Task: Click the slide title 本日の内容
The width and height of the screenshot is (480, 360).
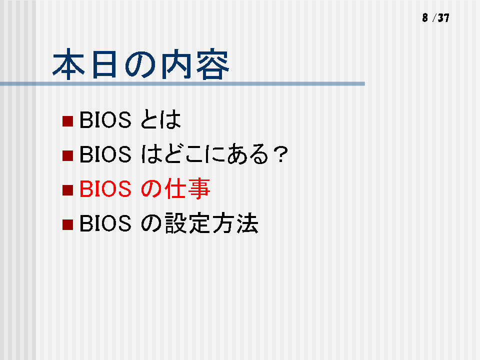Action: coord(140,64)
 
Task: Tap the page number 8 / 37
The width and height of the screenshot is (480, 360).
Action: coord(435,18)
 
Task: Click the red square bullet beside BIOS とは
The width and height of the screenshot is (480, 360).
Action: coord(67,121)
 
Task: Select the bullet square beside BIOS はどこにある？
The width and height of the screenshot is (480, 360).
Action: coord(67,155)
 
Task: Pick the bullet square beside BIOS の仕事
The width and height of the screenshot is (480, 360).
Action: coord(67,190)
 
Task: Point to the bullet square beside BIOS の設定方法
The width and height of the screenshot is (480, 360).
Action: coord(67,224)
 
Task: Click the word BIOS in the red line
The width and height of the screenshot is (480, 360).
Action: coord(105,188)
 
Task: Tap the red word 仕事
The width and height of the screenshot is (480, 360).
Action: coord(187,188)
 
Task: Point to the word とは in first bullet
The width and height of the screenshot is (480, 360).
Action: coord(160,119)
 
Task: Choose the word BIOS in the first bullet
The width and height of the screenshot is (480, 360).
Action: coord(105,119)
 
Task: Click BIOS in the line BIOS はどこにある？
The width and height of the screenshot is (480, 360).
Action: coord(105,154)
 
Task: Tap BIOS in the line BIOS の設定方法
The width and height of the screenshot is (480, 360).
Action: coord(105,223)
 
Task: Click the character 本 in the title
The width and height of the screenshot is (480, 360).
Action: coord(68,64)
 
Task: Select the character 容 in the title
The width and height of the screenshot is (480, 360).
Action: coord(213,64)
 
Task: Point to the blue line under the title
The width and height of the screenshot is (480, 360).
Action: coord(182,84)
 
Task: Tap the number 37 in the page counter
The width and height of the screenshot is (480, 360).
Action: coord(443,18)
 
